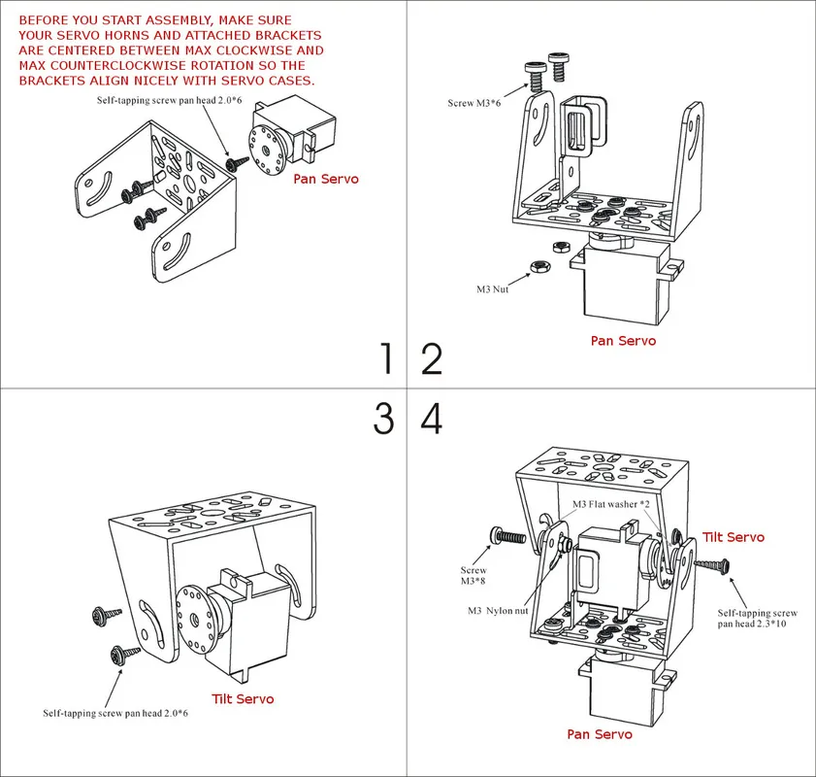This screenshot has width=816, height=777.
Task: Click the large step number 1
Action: (x=387, y=359)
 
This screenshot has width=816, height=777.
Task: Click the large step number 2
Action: (x=432, y=359)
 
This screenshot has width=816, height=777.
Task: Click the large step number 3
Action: (x=384, y=419)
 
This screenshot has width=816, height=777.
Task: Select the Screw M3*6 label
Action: (x=475, y=102)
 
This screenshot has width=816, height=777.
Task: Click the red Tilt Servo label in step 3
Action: (x=243, y=698)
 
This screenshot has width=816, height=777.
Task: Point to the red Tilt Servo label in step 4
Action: (x=733, y=537)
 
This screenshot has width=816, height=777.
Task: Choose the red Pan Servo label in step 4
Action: (x=600, y=734)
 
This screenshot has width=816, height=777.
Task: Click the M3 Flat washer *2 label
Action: (x=611, y=504)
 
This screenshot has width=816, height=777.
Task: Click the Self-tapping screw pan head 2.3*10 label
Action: (x=758, y=620)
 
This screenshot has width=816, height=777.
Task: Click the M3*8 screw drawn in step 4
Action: (x=508, y=535)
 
